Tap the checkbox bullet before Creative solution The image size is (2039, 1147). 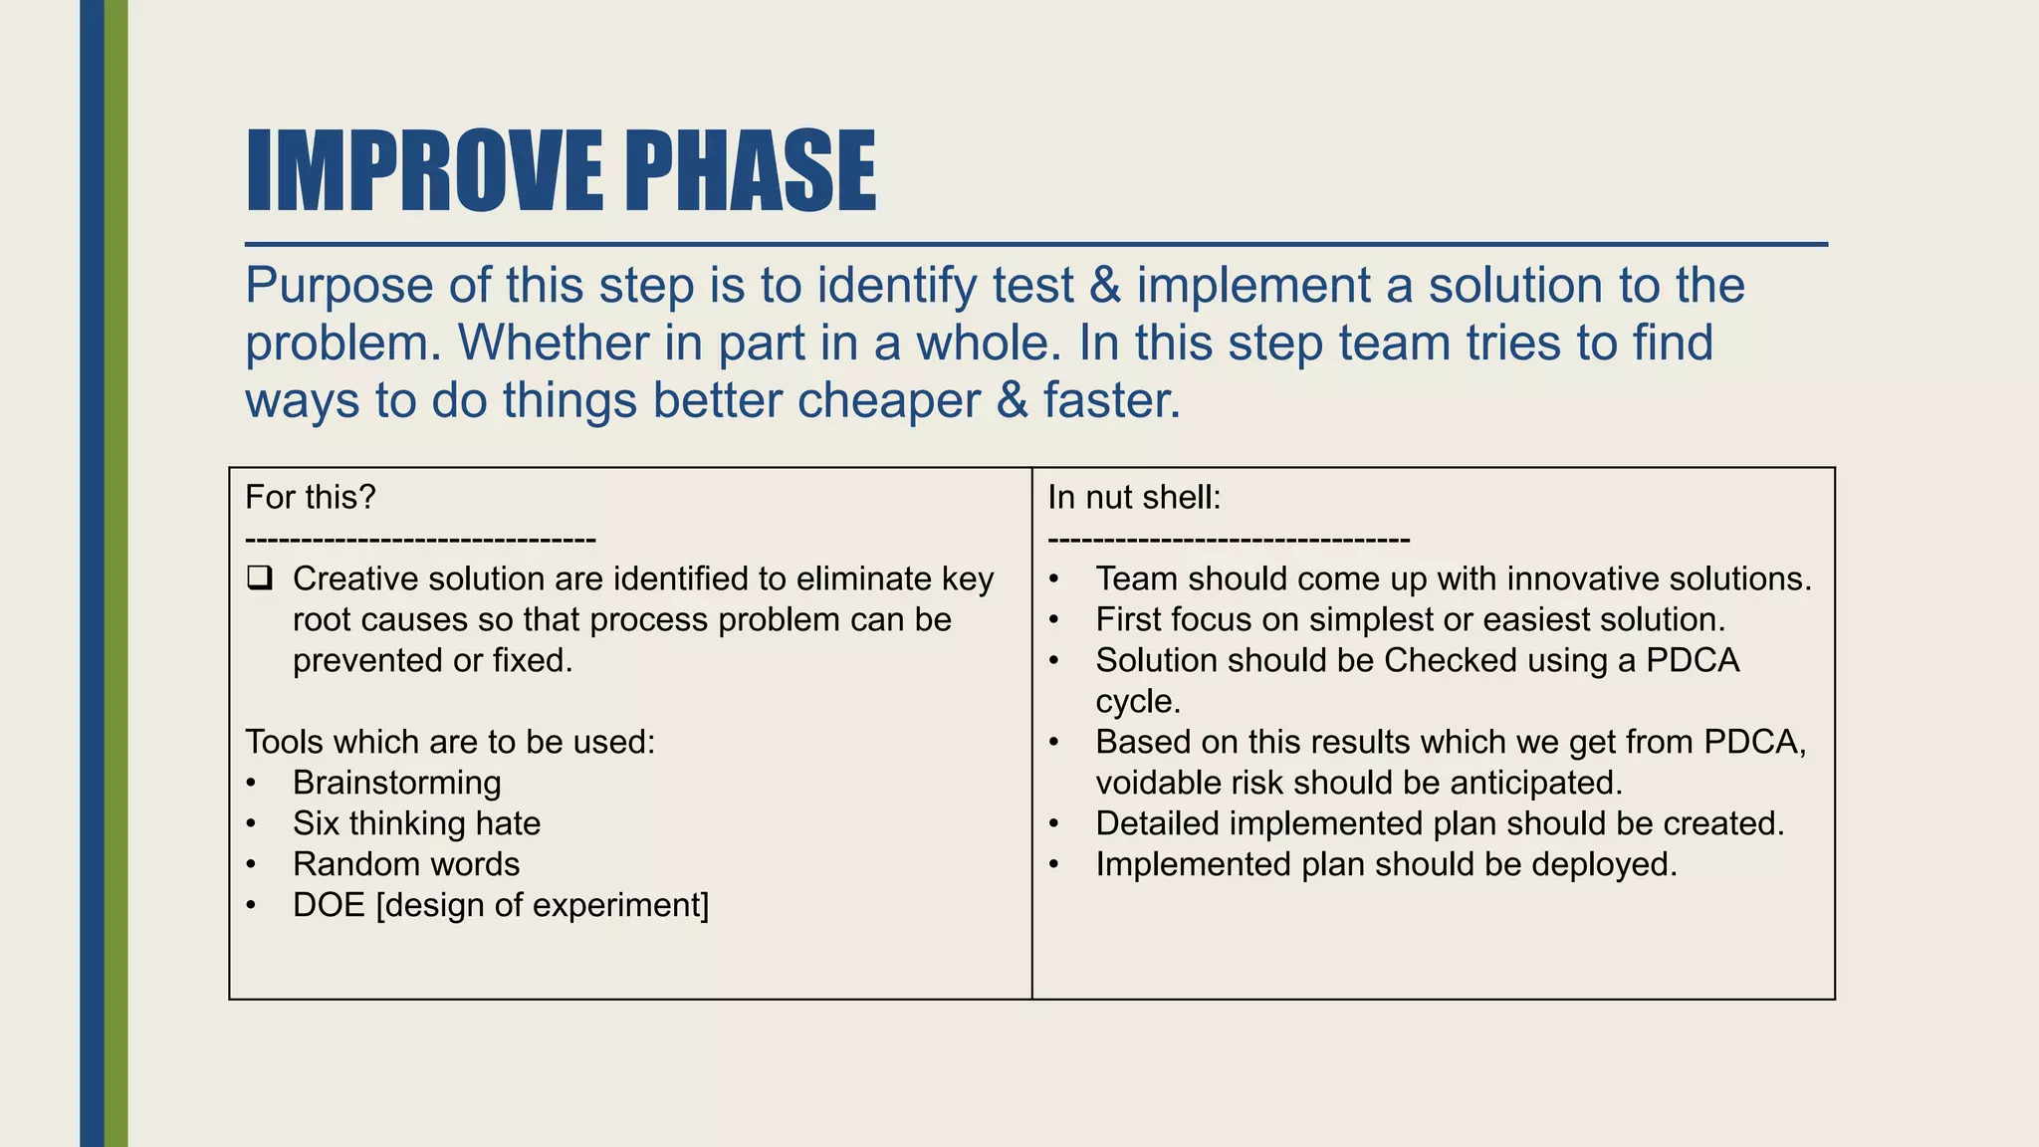click(x=260, y=577)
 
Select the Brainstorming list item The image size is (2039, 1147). click(x=396, y=783)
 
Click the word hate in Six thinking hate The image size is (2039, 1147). click(x=508, y=823)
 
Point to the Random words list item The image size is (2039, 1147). click(x=405, y=864)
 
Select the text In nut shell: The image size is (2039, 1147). click(x=1133, y=497)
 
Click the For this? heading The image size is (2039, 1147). click(x=310, y=497)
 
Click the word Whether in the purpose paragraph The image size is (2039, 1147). click(x=553, y=343)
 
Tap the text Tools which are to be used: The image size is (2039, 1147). click(x=450, y=742)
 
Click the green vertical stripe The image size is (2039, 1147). click(x=116, y=573)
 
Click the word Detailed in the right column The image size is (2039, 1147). click(x=1157, y=823)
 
